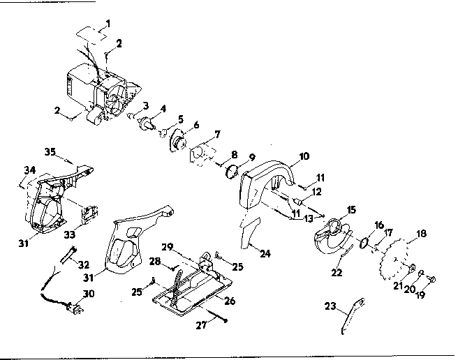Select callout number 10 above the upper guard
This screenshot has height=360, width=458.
point(304,156)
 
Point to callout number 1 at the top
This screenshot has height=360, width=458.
point(108,23)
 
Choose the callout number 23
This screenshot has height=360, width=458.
point(330,306)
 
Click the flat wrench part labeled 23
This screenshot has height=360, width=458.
point(353,316)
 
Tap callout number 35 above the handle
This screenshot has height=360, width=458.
point(50,152)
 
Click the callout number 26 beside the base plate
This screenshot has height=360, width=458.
point(230,301)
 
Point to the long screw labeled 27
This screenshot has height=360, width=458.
point(217,316)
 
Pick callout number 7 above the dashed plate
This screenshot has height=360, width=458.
point(218,135)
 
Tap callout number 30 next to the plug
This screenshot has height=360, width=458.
point(89,294)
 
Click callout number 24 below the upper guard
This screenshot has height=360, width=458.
point(265,254)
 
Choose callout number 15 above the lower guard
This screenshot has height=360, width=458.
point(351,209)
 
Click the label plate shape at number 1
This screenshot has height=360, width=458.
point(91,36)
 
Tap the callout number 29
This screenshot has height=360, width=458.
point(168,247)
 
